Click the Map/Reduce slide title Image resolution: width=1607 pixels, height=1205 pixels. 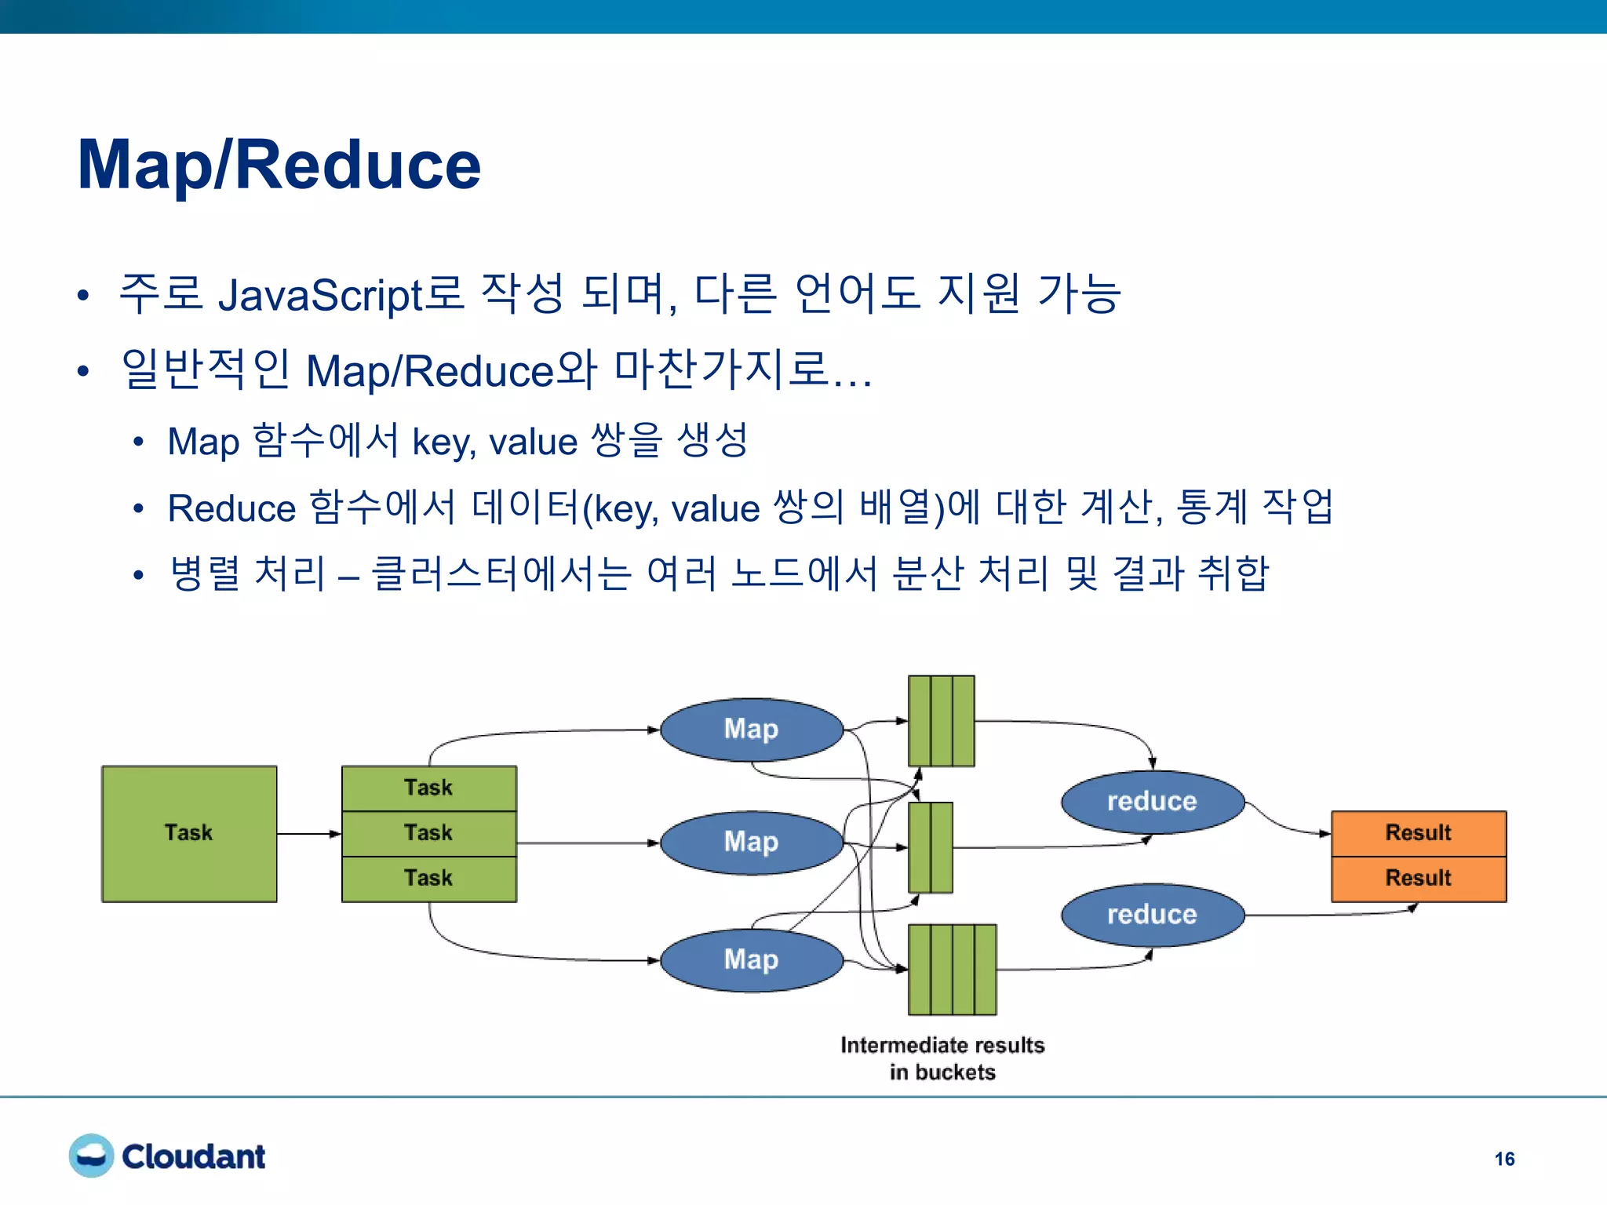pos(279,165)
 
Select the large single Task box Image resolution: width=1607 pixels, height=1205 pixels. pos(189,833)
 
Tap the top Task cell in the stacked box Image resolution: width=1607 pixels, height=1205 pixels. pos(428,788)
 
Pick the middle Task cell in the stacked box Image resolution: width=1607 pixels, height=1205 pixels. pos(428,833)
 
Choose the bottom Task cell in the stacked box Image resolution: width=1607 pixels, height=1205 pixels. pos(428,878)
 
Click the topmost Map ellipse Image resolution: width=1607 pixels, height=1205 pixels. pos(751,730)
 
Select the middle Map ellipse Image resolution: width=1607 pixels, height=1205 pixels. pos(751,843)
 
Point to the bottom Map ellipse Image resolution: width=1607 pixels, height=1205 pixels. pos(751,960)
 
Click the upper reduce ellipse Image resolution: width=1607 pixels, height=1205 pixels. pos(1152,802)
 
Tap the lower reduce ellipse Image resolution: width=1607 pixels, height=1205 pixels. pos(1152,915)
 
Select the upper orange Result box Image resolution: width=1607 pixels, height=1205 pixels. pos(1418,833)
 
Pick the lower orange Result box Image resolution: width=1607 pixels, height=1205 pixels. pos(1418,878)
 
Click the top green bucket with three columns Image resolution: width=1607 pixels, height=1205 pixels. pos(941,720)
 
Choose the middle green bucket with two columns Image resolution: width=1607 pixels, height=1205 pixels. pos(930,847)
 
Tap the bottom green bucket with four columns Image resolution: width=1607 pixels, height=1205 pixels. pos(952,970)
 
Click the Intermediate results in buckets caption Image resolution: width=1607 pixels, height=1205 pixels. pos(942,1058)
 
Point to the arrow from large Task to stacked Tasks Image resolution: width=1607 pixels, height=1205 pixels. pos(308,833)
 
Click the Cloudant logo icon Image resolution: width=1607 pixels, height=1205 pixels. pos(91,1156)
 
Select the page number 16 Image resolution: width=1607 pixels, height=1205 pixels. pos(1504,1159)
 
